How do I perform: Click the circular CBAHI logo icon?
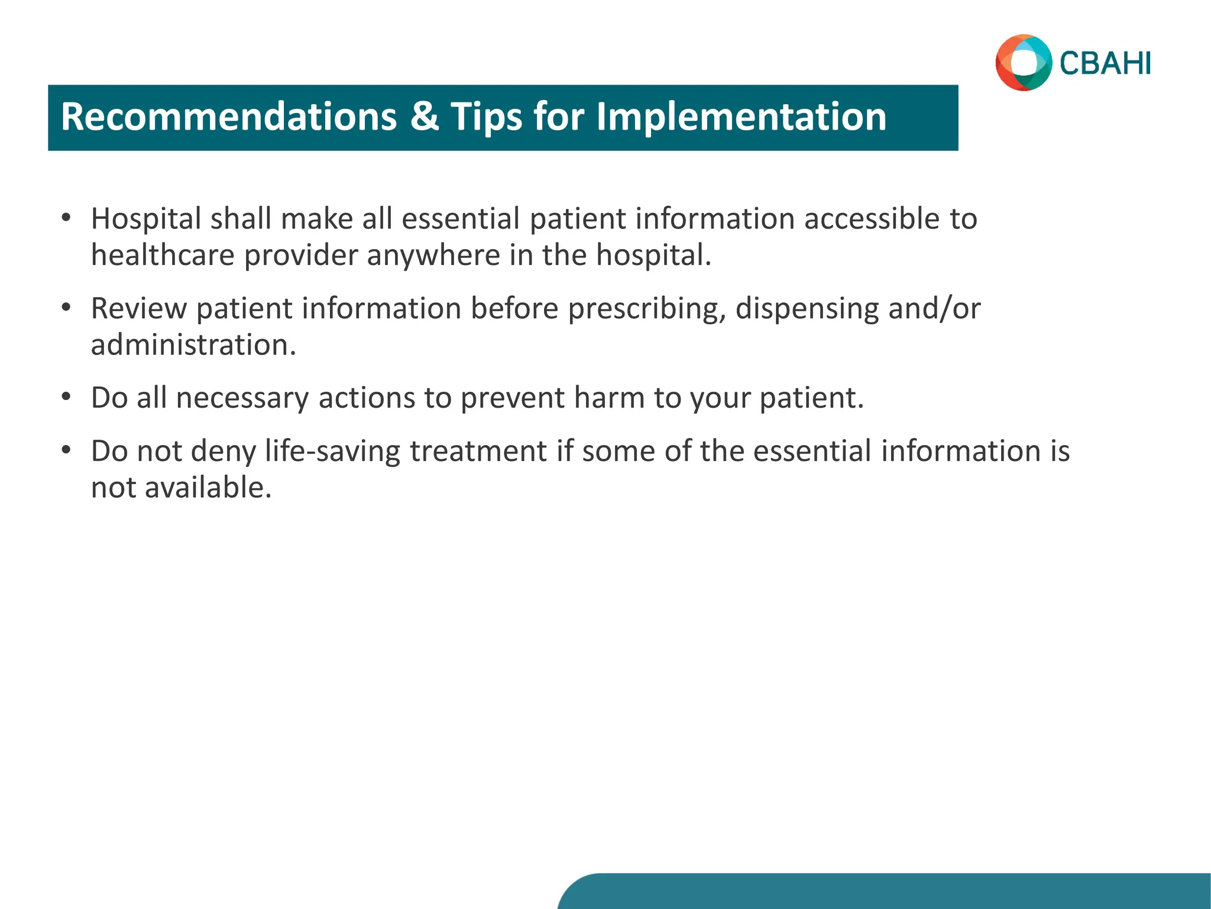[x=1024, y=63]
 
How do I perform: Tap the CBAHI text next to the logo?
[x=1105, y=63]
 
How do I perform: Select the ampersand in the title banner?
[x=424, y=117]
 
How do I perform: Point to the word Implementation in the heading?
[x=741, y=117]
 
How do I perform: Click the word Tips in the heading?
[x=487, y=117]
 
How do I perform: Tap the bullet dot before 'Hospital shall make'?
[x=66, y=218]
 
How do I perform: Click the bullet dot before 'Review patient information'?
[x=66, y=308]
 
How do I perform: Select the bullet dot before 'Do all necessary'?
[x=66, y=397]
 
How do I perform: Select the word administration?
[x=193, y=344]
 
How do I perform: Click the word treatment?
[x=478, y=451]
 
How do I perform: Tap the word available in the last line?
[x=208, y=488]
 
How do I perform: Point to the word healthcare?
[x=163, y=255]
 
